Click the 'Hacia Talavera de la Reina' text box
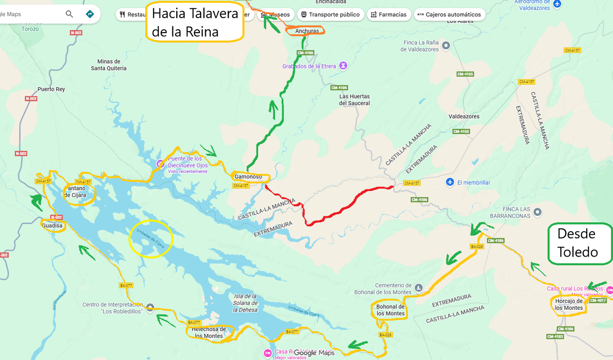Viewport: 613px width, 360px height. coord(195,22)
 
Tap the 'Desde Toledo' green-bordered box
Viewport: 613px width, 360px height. coord(579,243)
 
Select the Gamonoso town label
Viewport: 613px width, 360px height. coord(248,177)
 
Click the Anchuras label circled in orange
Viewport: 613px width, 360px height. coord(306,31)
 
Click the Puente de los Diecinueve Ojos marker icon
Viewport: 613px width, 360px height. coord(160,164)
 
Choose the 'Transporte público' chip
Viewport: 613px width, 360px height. coord(330,14)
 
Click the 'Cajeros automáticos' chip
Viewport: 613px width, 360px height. coord(449,14)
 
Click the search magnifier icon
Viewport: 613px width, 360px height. coord(69,14)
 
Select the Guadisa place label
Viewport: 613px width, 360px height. coord(52,225)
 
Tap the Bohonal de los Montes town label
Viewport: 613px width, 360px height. coord(390,310)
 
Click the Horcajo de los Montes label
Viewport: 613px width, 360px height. coord(568,304)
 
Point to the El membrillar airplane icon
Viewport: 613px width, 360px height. coord(449,182)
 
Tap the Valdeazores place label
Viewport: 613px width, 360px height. coord(464,116)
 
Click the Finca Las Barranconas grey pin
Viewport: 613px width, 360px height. coord(537,212)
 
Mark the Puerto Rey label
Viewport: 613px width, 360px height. coord(51,90)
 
